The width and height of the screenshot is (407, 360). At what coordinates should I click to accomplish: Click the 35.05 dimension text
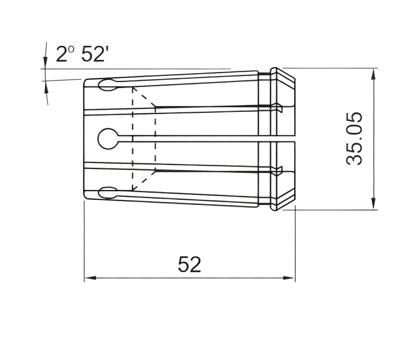[x=354, y=139]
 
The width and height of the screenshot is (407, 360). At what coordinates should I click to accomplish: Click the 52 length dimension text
[x=190, y=264]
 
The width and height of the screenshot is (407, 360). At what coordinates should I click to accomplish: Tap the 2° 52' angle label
[x=80, y=54]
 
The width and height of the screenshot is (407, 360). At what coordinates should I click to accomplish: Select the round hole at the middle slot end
[x=108, y=139]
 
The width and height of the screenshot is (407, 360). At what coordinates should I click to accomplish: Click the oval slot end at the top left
[x=107, y=85]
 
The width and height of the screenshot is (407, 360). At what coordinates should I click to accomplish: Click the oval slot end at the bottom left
[x=107, y=193]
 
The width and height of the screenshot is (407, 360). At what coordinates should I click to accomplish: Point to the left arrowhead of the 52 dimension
[x=91, y=278]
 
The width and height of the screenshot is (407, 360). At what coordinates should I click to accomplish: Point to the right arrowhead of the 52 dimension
[x=289, y=278]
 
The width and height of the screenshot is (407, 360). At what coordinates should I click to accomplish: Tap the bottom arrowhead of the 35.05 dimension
[x=373, y=203]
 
